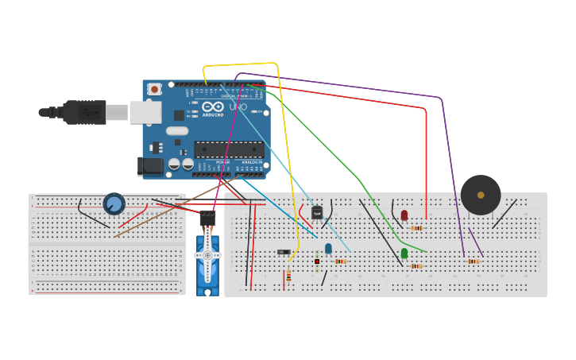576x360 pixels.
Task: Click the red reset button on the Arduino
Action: (x=155, y=87)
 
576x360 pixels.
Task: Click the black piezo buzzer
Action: (x=481, y=195)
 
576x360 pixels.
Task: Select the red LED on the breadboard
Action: (x=404, y=215)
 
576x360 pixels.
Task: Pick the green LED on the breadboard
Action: (x=404, y=253)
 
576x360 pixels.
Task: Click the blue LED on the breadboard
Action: (x=328, y=248)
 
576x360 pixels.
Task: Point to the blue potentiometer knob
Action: (x=114, y=204)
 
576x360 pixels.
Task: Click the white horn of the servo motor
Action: (x=207, y=255)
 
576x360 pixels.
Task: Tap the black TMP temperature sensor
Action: (x=317, y=213)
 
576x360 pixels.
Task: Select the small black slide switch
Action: (x=284, y=252)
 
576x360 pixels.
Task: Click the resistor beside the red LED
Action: (x=416, y=228)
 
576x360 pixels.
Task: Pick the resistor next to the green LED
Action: (x=416, y=266)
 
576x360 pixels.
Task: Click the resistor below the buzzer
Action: (x=474, y=261)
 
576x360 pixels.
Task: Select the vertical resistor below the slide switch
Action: (x=288, y=276)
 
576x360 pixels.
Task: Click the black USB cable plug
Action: (x=83, y=112)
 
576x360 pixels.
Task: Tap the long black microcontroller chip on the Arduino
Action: (x=229, y=149)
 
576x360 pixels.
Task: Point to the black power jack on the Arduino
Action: (x=149, y=166)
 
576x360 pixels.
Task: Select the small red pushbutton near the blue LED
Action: (x=317, y=261)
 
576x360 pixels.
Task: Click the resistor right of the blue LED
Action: (x=341, y=261)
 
